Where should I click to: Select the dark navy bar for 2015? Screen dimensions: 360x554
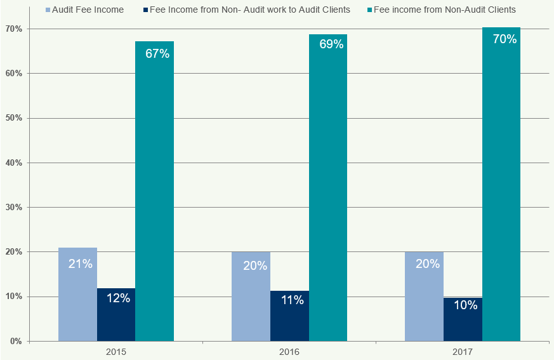pyautogui.click(x=116, y=315)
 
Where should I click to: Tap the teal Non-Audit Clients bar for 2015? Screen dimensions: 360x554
pyautogui.click(x=154, y=191)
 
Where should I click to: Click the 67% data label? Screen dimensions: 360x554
pyautogui.click(x=157, y=54)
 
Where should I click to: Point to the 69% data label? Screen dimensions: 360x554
pyautogui.click(x=331, y=44)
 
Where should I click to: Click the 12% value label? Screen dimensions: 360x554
pyautogui.click(x=118, y=298)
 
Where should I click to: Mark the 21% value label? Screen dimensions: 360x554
pyautogui.click(x=80, y=263)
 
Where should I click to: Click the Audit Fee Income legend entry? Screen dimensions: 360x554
pyautogui.click(x=84, y=10)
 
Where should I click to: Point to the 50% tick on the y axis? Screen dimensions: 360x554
pyautogui.click(x=13, y=118)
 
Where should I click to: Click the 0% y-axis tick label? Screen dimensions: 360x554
pyautogui.click(x=15, y=342)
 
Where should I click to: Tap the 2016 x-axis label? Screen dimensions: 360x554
pyautogui.click(x=289, y=351)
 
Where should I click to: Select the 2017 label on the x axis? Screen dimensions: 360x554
pyautogui.click(x=463, y=351)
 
